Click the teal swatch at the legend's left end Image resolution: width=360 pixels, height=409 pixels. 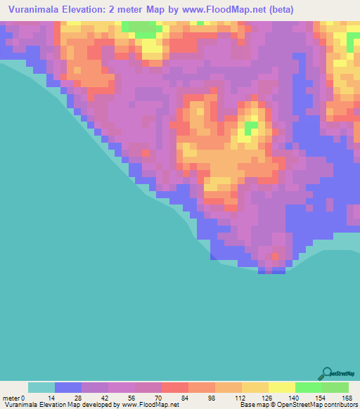tap(41, 387)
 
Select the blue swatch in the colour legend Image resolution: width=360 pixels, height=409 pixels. tap(68, 387)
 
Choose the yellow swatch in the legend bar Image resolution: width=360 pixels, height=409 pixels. tap(282, 387)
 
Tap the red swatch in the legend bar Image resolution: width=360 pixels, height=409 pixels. tap(175, 387)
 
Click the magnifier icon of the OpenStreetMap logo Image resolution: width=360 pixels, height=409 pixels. tap(326, 373)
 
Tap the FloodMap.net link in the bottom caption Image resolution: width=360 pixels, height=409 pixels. tap(150, 405)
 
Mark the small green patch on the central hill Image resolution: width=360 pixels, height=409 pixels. tap(251, 128)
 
